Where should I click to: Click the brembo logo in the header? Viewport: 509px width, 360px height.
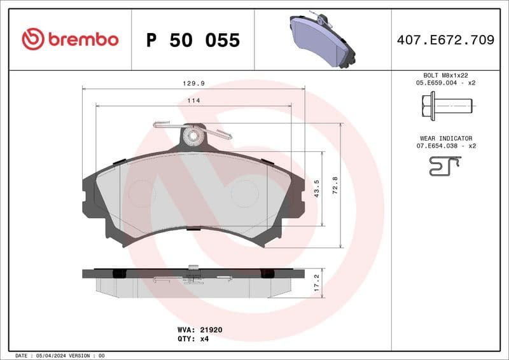[x=70, y=39]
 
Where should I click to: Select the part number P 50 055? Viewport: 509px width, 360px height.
[x=193, y=40]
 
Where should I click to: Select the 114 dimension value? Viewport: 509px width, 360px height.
[x=192, y=100]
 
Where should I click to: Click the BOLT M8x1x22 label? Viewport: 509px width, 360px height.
[x=446, y=75]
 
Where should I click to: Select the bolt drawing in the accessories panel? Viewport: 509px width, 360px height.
[x=446, y=104]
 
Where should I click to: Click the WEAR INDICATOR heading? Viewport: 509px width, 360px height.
[x=446, y=138]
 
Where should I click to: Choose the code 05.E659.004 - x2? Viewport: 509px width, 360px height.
[x=446, y=83]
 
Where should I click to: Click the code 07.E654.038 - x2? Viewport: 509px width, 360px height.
[x=446, y=146]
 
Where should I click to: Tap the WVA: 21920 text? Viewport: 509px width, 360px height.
[x=199, y=330]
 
